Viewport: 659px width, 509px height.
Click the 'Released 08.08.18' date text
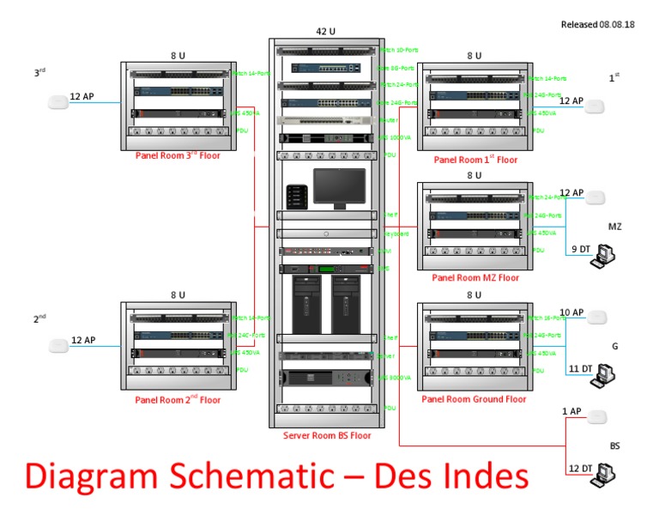[x=597, y=24]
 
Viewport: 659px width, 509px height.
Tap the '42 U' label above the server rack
[x=325, y=32]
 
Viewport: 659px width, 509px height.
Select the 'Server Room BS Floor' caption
[x=327, y=436]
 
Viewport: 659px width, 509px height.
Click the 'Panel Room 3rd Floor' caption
[x=178, y=156]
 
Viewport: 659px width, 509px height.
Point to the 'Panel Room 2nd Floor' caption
[x=178, y=400]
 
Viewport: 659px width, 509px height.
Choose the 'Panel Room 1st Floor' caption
[x=475, y=160]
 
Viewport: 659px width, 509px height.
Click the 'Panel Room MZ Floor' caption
[x=475, y=277]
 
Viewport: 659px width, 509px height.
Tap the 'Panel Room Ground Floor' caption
[x=474, y=399]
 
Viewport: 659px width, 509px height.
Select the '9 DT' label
[x=581, y=249]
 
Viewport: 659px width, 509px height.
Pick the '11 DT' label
[x=579, y=368]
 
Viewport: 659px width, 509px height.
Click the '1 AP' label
[x=571, y=411]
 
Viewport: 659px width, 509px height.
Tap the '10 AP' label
[x=571, y=312]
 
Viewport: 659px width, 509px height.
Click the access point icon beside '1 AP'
[x=597, y=417]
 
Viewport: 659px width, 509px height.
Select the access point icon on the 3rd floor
[x=57, y=103]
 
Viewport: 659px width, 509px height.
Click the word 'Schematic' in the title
[x=279, y=477]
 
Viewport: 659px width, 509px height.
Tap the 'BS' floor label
[x=614, y=446]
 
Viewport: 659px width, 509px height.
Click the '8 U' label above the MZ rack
[x=474, y=176]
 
